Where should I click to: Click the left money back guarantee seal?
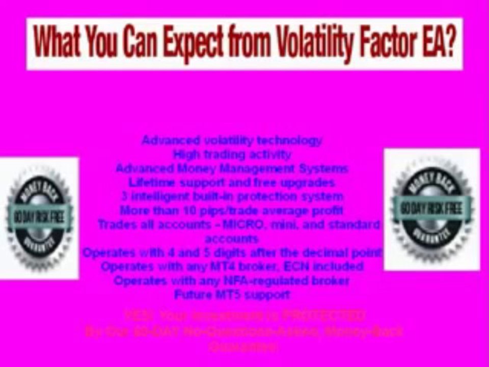point(38,218)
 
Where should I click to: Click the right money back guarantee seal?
point(431,209)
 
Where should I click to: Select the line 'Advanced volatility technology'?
point(232,141)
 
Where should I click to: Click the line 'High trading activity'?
point(232,154)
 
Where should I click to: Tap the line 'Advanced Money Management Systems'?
point(232,168)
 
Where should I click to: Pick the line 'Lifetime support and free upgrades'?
point(232,182)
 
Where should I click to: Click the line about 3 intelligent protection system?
point(232,196)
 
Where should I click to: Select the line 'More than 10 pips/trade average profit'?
point(232,210)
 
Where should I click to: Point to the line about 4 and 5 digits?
point(232,252)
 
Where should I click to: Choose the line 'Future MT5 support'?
point(232,294)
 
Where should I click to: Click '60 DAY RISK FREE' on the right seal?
point(431,208)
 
